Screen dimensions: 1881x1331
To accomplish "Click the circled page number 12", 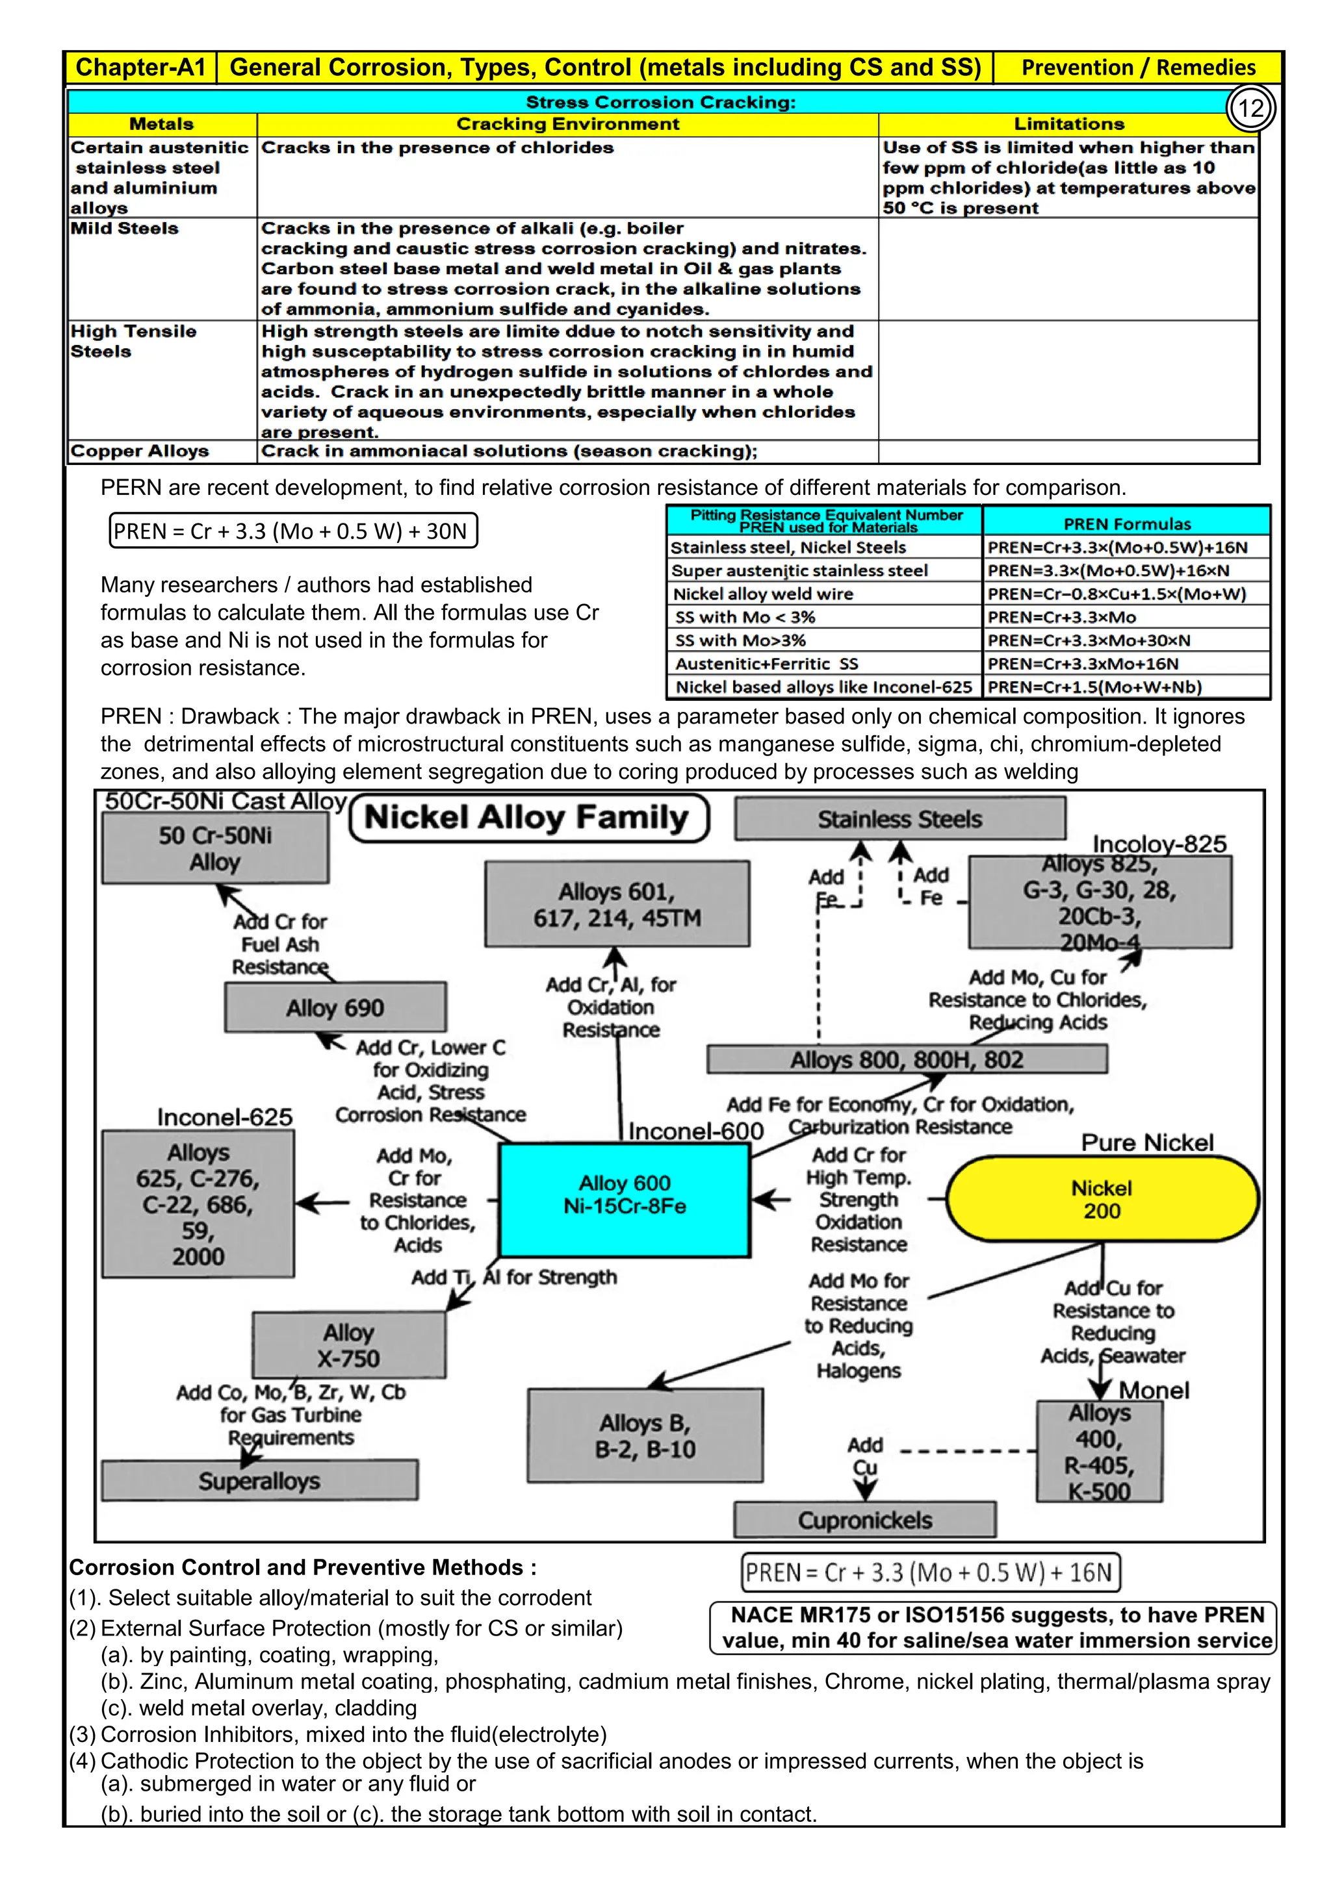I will [x=1250, y=108].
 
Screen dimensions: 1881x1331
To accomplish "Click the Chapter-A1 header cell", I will [x=140, y=67].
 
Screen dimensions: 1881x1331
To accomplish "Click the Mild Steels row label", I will [x=125, y=229].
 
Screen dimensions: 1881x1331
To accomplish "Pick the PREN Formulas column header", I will [x=1127, y=524].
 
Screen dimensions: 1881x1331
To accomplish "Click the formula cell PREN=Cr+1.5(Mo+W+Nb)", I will [x=1094, y=687].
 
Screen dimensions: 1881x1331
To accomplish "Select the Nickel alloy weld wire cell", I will [x=763, y=593].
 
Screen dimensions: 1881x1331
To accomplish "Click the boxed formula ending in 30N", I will [x=292, y=531].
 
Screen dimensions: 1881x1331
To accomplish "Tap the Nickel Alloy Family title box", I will [x=528, y=818].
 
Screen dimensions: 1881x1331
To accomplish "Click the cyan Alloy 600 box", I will [x=625, y=1198].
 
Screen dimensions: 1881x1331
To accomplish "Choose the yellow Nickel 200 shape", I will [x=1102, y=1198].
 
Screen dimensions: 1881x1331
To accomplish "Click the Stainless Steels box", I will [x=900, y=818].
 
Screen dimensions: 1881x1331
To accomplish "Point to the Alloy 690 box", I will [x=335, y=1007].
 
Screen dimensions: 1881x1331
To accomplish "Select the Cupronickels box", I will [x=864, y=1520].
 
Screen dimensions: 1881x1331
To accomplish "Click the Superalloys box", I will [x=259, y=1480].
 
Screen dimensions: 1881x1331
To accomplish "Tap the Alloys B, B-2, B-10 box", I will [x=645, y=1435].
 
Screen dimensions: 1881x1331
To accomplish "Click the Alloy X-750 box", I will [x=349, y=1345].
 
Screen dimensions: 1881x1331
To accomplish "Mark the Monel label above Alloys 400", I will [x=1154, y=1390].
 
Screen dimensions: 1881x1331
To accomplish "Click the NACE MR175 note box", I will [x=993, y=1627].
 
